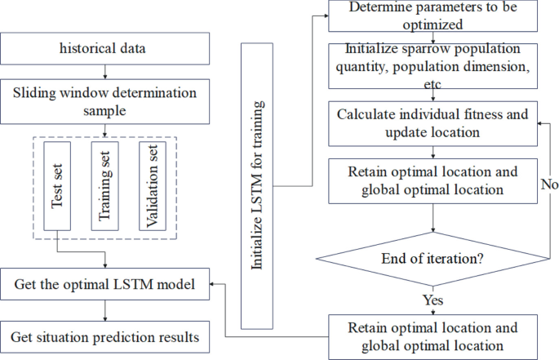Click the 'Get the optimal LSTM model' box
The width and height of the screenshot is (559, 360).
[x=106, y=286]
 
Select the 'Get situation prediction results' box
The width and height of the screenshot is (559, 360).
[x=106, y=335]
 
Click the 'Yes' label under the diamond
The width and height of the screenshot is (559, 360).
[x=433, y=300]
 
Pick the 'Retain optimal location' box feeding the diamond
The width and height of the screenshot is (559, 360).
[x=433, y=182]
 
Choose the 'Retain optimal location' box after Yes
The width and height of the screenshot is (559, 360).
[x=433, y=336]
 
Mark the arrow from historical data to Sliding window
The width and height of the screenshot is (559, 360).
[x=106, y=72]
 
